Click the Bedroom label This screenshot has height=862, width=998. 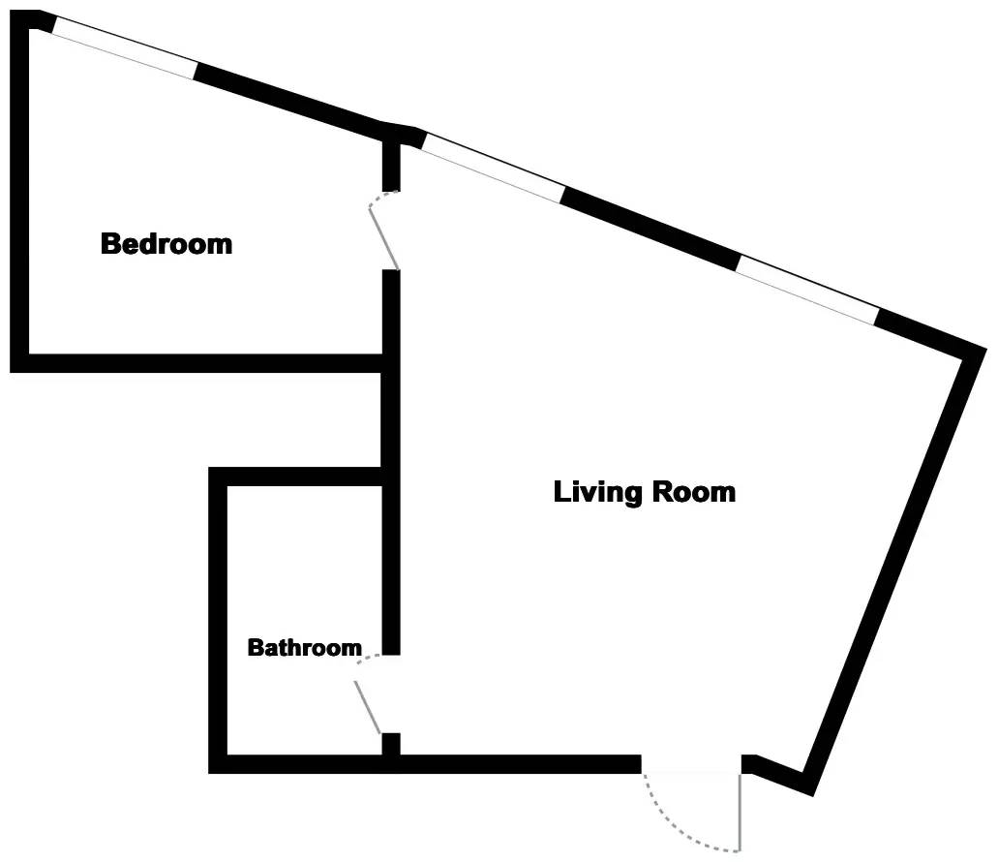[166, 243]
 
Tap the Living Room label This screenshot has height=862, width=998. [644, 491]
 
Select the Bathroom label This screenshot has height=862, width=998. [304, 647]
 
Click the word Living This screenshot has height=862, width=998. [597, 491]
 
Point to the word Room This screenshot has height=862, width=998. [694, 491]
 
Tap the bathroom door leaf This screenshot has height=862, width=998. [369, 708]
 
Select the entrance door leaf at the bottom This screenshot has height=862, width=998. [741, 812]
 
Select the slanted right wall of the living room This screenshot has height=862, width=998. [891, 571]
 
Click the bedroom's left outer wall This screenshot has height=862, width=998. [18, 194]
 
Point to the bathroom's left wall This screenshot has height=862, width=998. [218, 620]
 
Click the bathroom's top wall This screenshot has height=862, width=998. [300, 476]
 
